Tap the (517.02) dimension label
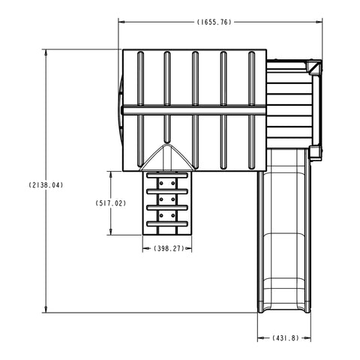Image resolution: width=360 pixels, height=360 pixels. click(x=110, y=203)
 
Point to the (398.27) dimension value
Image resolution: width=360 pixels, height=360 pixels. click(x=167, y=248)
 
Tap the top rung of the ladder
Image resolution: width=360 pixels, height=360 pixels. click(x=168, y=177)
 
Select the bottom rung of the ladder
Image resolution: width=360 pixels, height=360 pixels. click(x=168, y=223)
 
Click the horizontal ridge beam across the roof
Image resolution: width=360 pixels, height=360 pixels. click(x=194, y=110)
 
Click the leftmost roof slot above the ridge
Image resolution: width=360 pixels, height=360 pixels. click(x=139, y=77)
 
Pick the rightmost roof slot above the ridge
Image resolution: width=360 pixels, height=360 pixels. click(x=250, y=77)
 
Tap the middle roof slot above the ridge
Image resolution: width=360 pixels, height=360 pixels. click(x=195, y=77)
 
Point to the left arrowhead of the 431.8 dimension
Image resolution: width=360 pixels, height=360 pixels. click(x=259, y=338)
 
